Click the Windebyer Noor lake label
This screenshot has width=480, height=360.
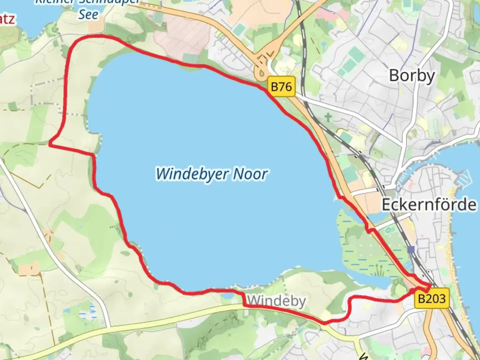[x=211, y=174]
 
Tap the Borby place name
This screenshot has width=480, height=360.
[x=412, y=76]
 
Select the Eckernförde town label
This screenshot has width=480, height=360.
[x=429, y=204]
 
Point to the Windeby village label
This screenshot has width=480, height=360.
[x=276, y=301]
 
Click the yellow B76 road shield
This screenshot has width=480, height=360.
[x=281, y=87]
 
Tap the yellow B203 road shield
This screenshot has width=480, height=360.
[x=432, y=298]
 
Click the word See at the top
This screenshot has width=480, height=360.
[x=88, y=15]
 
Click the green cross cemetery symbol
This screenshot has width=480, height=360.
[x=328, y=117]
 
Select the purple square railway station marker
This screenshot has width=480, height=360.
[x=411, y=249]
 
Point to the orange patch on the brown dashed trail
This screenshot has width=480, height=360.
[x=29, y=268]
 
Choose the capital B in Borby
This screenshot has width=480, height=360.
[x=394, y=75]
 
